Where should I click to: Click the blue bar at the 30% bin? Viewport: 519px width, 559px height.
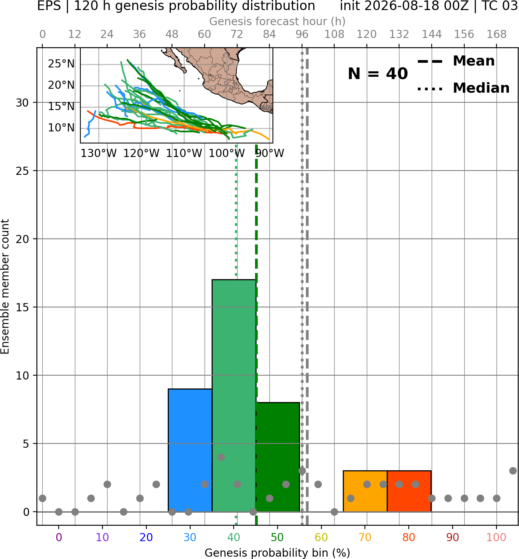[190, 450]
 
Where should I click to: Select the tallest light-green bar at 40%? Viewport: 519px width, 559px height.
[234, 395]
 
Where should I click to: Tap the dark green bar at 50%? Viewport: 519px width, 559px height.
[278, 457]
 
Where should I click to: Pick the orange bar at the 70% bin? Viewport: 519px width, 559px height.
[365, 491]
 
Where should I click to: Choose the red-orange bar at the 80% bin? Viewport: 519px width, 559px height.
[409, 491]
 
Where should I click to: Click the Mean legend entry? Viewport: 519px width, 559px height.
[456, 61]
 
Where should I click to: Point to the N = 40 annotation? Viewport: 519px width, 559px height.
[378, 74]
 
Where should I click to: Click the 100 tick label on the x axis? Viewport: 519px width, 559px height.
[496, 537]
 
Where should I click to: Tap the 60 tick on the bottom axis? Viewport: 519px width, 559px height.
[321, 537]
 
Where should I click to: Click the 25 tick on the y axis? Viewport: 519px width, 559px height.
[23, 171]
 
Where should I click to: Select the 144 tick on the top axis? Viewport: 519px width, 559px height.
[432, 35]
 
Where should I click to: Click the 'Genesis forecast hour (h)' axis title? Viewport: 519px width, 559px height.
[278, 21]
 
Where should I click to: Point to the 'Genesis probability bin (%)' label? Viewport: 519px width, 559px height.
[278, 553]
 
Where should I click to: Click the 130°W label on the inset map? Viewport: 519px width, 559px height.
[99, 154]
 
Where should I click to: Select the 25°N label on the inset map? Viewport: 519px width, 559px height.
[61, 64]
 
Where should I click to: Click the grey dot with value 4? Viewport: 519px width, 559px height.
[221, 457]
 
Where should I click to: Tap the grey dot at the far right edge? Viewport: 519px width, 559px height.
[513, 471]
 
